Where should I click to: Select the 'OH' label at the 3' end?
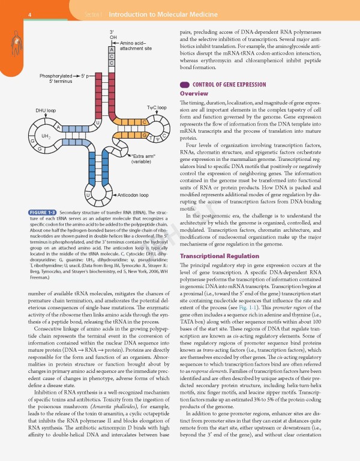(112, 37)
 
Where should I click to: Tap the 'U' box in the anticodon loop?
(88, 195)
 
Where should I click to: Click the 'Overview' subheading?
(194, 94)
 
